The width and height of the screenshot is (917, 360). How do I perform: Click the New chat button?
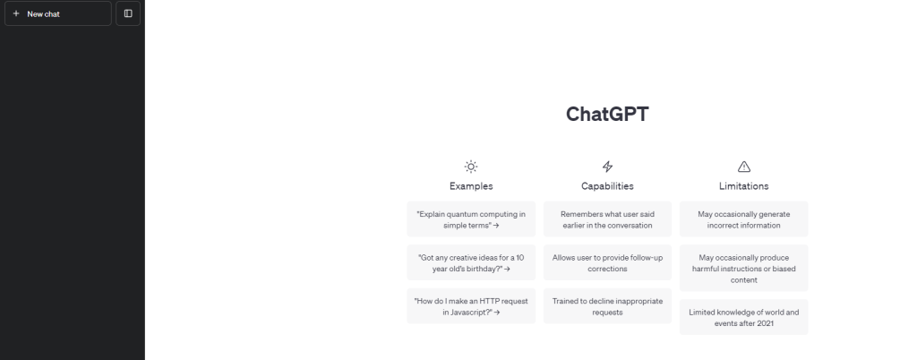point(57,13)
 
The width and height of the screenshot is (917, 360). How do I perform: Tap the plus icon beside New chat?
point(15,13)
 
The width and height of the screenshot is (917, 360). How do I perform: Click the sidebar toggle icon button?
point(128,13)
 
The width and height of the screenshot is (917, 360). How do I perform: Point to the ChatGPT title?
point(607,115)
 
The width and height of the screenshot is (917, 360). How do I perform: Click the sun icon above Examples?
point(471,166)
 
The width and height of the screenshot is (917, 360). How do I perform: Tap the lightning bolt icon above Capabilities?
point(607,166)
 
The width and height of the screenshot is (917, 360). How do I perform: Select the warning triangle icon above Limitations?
point(743,166)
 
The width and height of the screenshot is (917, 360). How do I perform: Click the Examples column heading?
point(471,186)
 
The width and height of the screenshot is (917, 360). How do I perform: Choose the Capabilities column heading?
point(607,186)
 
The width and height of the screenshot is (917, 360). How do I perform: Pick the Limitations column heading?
point(743,186)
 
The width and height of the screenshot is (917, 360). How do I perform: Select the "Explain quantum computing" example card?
point(471,219)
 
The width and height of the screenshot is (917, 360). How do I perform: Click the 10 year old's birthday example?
point(471,262)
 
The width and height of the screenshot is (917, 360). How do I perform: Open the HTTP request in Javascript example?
point(471,306)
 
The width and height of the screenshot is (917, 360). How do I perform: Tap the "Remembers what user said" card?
point(607,219)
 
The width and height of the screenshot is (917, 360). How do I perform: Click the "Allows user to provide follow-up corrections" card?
point(607,262)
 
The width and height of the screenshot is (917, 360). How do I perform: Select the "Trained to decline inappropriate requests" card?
point(607,306)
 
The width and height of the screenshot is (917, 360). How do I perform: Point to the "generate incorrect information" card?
point(743,219)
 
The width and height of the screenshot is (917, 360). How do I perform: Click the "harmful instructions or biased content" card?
point(743,268)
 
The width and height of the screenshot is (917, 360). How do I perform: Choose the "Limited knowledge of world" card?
point(743,317)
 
